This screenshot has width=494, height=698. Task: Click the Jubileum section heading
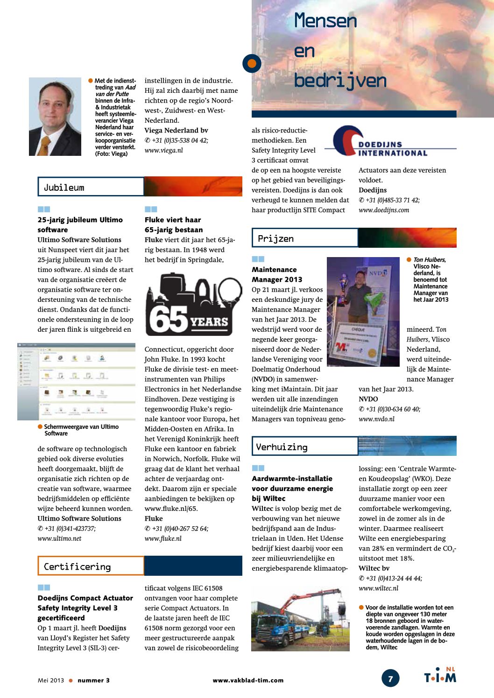tap(64, 188)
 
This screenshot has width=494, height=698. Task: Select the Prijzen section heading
tap(275, 238)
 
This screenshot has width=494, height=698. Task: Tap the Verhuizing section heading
tap(282, 447)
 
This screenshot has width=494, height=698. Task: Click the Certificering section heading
tap(77, 566)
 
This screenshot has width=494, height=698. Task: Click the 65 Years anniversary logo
tap(193, 305)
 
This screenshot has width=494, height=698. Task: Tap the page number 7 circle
tap(390, 678)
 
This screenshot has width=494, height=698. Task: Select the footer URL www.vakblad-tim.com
tap(248, 680)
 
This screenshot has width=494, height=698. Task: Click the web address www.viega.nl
tap(163, 150)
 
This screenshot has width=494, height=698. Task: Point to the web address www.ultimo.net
tap(59, 538)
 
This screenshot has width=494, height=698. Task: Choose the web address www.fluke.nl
tap(163, 538)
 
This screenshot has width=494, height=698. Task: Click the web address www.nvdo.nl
tap(376, 419)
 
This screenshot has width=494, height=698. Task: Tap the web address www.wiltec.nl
tap(378, 588)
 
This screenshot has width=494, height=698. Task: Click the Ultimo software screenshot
tap(76, 381)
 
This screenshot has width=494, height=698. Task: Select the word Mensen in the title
tap(325, 21)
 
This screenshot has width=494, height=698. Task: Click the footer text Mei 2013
tap(50, 680)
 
